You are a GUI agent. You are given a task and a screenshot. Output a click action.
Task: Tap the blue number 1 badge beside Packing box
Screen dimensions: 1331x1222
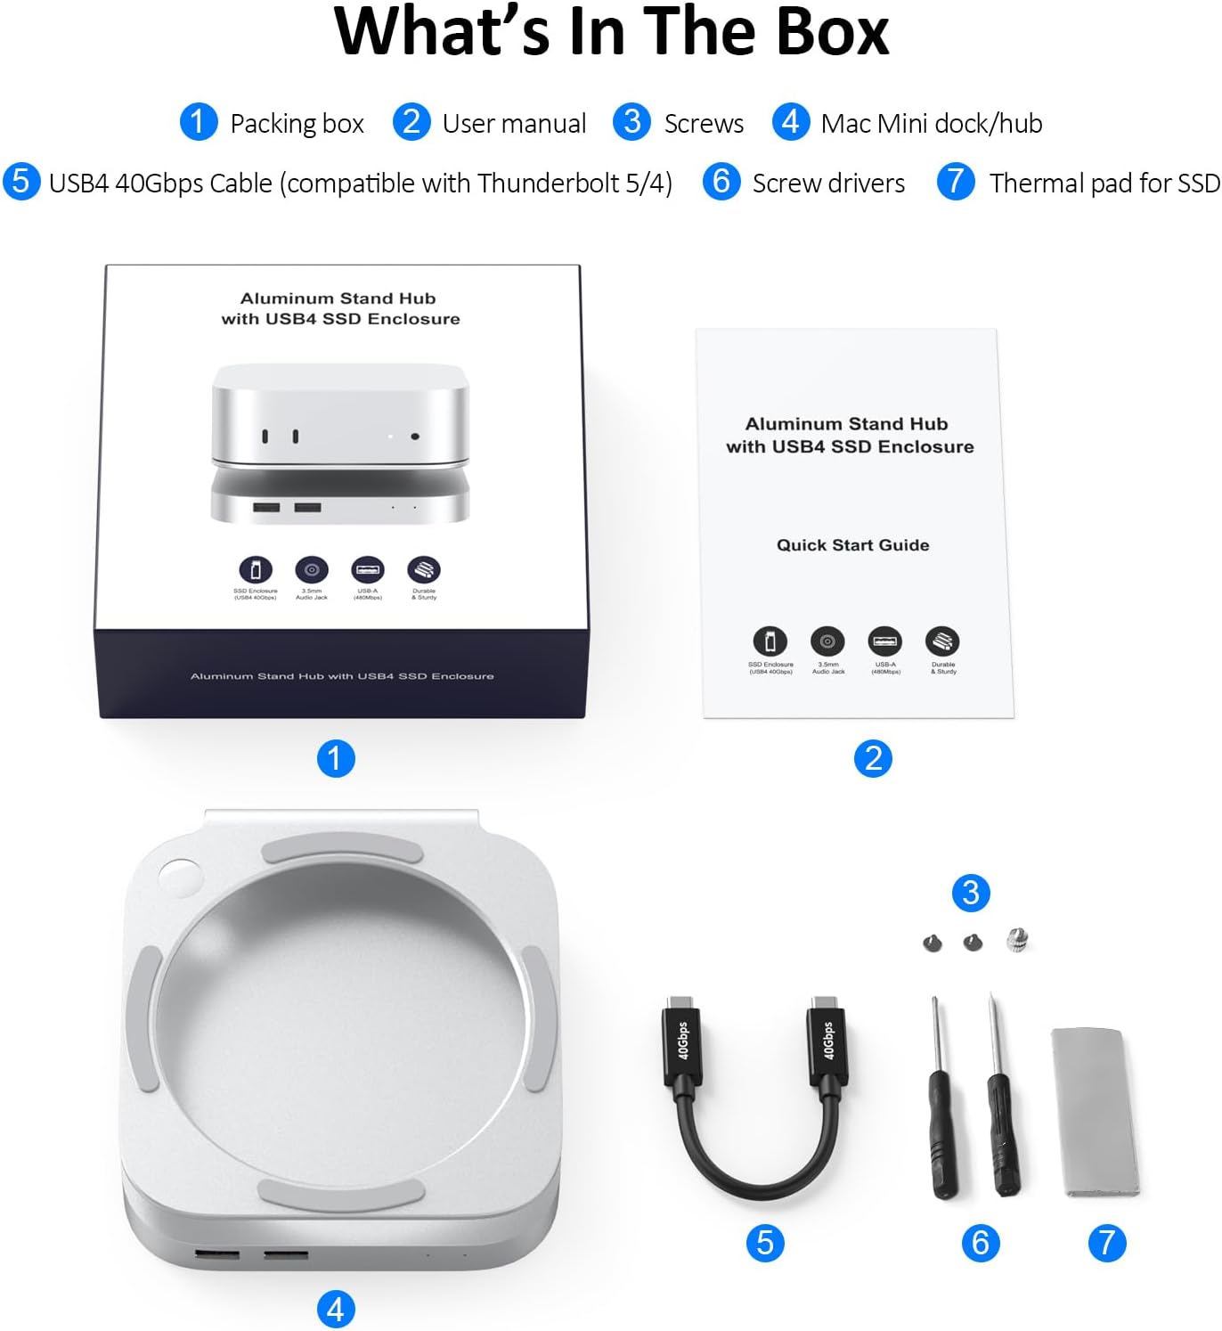tap(198, 122)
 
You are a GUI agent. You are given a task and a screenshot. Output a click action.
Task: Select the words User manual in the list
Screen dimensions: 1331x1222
tap(514, 123)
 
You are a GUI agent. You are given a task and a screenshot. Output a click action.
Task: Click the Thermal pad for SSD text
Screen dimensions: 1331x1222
tap(1104, 183)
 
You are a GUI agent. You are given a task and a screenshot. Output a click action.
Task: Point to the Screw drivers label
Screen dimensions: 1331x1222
tap(827, 183)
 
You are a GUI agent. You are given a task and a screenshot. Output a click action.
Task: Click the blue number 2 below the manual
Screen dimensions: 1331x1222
tap(873, 758)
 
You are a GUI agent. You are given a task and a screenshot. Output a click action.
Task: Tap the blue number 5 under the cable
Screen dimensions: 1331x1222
tap(765, 1243)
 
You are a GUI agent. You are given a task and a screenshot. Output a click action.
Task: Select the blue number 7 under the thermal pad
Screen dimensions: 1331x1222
tap(1107, 1243)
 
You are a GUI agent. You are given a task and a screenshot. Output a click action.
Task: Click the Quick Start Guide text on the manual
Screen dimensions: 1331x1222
tap(852, 545)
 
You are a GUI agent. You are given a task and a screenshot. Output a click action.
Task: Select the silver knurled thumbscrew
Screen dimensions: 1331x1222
tap(1017, 939)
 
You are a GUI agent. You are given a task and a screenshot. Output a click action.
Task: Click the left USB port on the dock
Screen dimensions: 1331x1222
tap(217, 1254)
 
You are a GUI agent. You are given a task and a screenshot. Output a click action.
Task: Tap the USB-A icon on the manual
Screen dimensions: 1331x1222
tap(884, 641)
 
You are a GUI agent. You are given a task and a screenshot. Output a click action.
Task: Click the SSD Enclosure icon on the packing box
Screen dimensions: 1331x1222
tap(255, 570)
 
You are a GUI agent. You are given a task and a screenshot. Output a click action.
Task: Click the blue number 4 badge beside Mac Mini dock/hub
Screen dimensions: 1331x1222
tap(790, 122)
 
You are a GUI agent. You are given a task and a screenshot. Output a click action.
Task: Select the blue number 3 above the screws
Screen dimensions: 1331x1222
tap(971, 893)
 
